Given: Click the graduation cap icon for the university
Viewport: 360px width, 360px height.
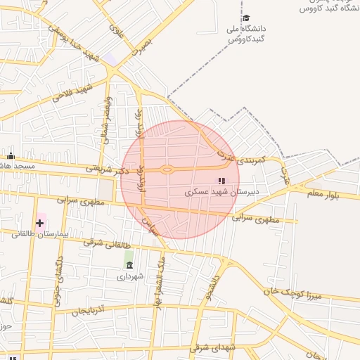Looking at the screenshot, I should [246, 18].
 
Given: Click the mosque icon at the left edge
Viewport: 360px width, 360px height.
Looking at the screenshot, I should [11, 156].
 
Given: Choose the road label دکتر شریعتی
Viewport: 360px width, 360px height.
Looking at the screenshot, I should [108, 169].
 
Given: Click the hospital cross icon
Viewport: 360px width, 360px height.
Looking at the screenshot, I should [39, 223].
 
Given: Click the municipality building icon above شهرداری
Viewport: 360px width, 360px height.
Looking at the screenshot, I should [129, 265].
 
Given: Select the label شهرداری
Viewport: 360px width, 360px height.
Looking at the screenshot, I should [130, 276].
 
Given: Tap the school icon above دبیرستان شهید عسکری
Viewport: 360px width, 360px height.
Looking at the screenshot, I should [221, 181].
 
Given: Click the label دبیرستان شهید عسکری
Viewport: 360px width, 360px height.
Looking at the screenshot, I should [222, 191].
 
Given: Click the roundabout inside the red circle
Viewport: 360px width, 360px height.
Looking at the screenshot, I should [167, 169].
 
